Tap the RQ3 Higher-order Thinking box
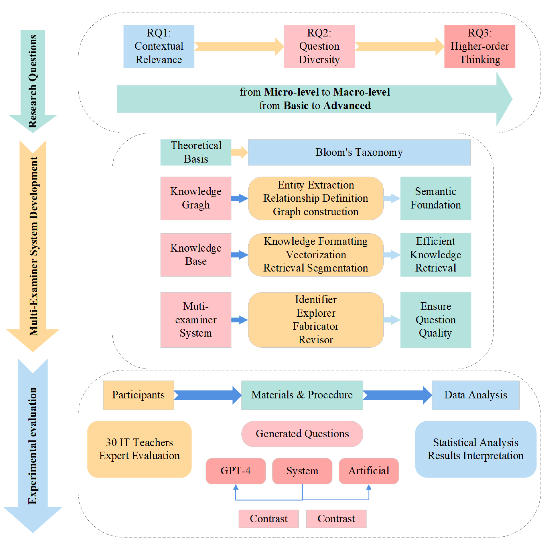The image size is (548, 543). pyautogui.click(x=479, y=46)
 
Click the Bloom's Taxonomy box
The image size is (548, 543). pyautogui.click(x=359, y=152)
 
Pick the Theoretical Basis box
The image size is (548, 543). pyautogui.click(x=196, y=152)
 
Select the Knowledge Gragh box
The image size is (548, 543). pyautogui.click(x=196, y=198)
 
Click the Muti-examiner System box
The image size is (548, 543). pyautogui.click(x=196, y=320)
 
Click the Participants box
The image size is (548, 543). pyautogui.click(x=138, y=395)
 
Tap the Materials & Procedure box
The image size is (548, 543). pyautogui.click(x=302, y=395)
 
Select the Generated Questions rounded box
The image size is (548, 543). pyautogui.click(x=302, y=434)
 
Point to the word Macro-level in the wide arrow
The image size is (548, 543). pyautogui.click(x=361, y=92)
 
